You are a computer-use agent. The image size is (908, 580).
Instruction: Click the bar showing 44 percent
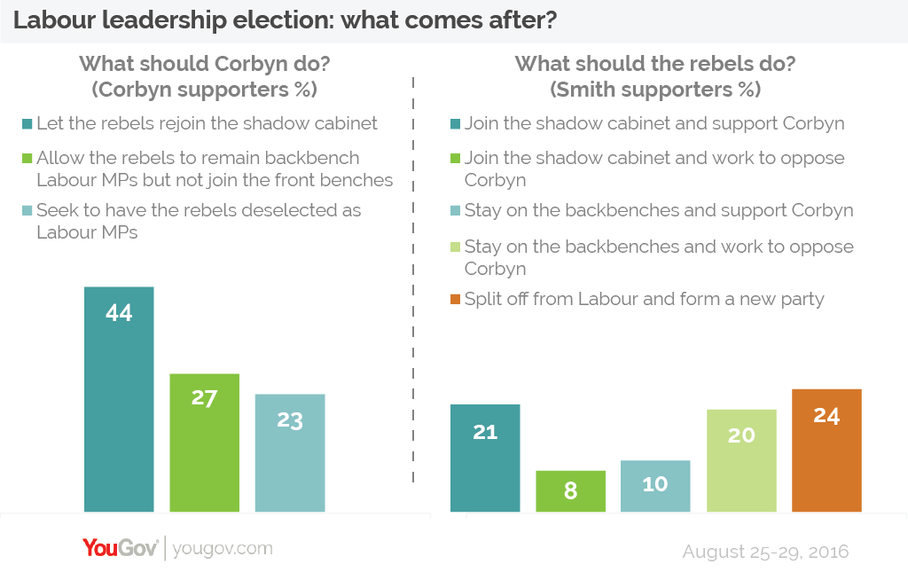click(x=119, y=399)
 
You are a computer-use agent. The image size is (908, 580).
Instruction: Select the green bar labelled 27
click(x=204, y=443)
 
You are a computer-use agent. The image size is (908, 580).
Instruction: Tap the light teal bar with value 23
click(x=290, y=452)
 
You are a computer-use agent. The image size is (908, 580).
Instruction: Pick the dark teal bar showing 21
click(x=485, y=458)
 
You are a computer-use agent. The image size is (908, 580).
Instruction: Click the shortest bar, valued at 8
click(x=570, y=491)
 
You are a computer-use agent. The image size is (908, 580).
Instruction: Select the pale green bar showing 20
click(x=741, y=460)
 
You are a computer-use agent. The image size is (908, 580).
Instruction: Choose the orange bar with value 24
click(x=826, y=451)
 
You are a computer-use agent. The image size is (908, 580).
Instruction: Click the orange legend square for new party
click(x=455, y=300)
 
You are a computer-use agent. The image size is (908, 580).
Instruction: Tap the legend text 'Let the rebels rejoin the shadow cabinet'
click(x=207, y=123)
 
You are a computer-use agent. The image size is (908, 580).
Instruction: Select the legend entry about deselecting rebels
click(x=199, y=222)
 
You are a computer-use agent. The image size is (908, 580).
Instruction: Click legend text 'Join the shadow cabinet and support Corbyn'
click(x=654, y=123)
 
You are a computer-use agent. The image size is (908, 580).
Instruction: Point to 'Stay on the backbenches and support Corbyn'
click(x=659, y=211)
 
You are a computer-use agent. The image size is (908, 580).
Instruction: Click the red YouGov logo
click(x=121, y=548)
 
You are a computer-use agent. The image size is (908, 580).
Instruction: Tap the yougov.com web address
click(x=223, y=549)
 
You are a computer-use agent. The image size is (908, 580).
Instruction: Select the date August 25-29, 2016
click(x=765, y=552)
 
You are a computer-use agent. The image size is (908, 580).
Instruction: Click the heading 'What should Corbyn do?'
click(x=204, y=64)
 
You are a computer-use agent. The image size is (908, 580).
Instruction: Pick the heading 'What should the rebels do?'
click(x=654, y=64)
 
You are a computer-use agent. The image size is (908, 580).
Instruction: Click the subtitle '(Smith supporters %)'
click(x=654, y=90)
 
